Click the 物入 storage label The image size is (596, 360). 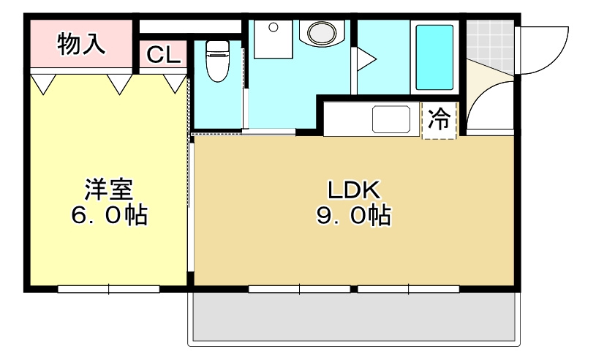tap(81, 44)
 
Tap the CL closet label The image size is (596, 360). tap(164, 56)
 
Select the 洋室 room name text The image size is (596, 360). tap(108, 190)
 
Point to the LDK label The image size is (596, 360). tap(353, 190)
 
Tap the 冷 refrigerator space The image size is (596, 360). tap(440, 120)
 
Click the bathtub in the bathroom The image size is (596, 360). tap(434, 58)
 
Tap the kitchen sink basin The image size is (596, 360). tap(392, 119)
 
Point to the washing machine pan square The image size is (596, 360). tap(276, 40)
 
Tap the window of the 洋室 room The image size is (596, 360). tap(109, 289)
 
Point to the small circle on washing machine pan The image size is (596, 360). tap(273, 28)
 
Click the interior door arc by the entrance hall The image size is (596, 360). tap(486, 102)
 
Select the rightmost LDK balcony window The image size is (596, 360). tap(409, 289)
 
